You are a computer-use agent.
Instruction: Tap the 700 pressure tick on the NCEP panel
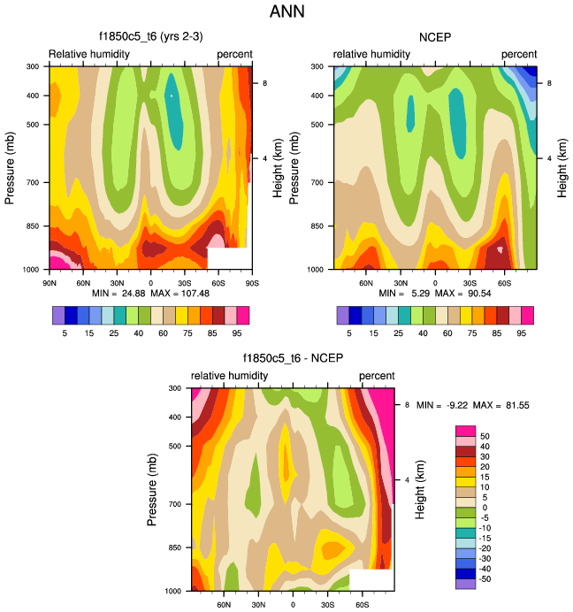[x=320, y=182]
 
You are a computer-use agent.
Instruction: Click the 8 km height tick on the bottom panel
[x=406, y=404]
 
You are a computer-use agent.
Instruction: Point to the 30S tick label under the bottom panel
[x=327, y=603]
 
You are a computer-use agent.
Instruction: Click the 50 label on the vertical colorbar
[x=485, y=436]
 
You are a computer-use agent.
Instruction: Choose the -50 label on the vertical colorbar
[x=487, y=578]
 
